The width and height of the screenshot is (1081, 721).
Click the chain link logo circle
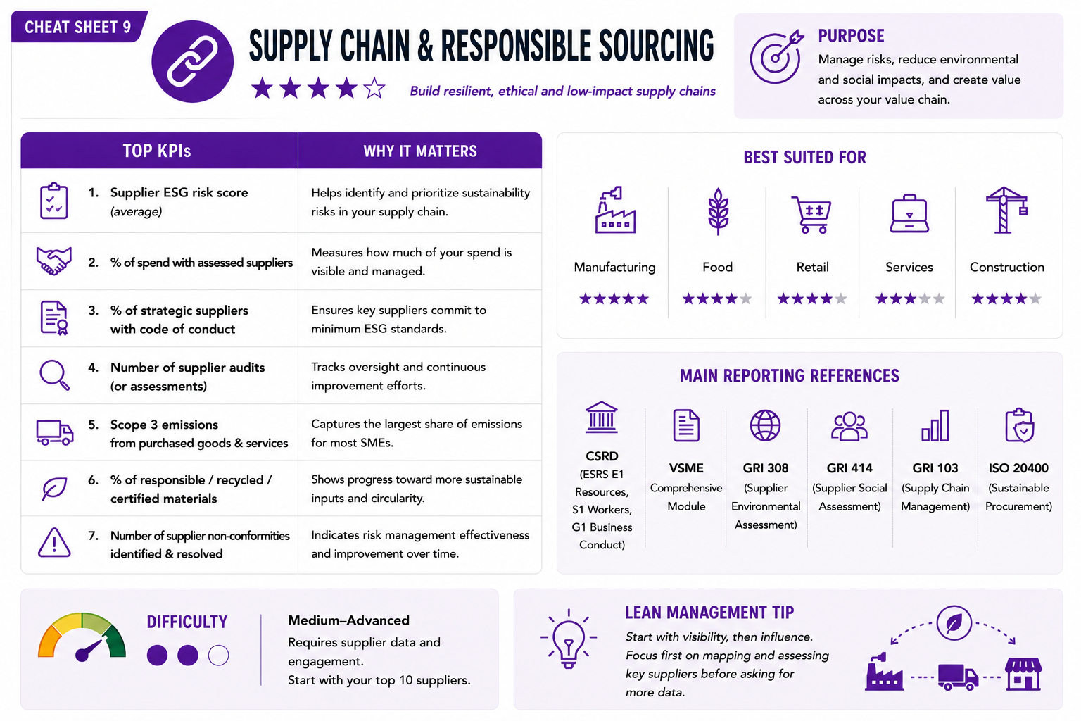pyautogui.click(x=193, y=61)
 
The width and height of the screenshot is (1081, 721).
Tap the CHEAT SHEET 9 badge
pyautogui.click(x=79, y=27)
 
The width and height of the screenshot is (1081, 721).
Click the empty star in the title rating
pyautogui.click(x=374, y=89)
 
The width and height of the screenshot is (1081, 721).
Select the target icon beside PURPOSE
pyautogui.click(x=776, y=57)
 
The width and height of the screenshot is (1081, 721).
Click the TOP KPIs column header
pyautogui.click(x=157, y=151)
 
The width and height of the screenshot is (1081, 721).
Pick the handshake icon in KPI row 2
pyautogui.click(x=54, y=261)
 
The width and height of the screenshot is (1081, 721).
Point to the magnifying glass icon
pyautogui.click(x=54, y=375)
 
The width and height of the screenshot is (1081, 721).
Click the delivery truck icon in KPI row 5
pyautogui.click(x=54, y=432)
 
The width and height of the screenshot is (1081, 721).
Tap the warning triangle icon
pyautogui.click(x=54, y=543)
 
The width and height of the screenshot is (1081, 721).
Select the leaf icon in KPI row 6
pyautogui.click(x=54, y=489)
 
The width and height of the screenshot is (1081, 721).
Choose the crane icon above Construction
pyautogui.click(x=1006, y=210)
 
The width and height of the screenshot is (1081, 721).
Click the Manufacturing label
pyautogui.click(x=614, y=267)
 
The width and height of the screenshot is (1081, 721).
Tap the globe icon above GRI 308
pyautogui.click(x=766, y=425)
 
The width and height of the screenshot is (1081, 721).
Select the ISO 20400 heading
pyautogui.click(x=1018, y=468)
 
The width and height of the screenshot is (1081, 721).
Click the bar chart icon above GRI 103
pyautogui.click(x=935, y=426)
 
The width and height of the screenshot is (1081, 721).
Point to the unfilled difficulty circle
pyautogui.click(x=219, y=656)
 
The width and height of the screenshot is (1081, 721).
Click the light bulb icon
pyautogui.click(x=569, y=639)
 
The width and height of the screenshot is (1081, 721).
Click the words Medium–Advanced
pyautogui.click(x=348, y=620)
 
